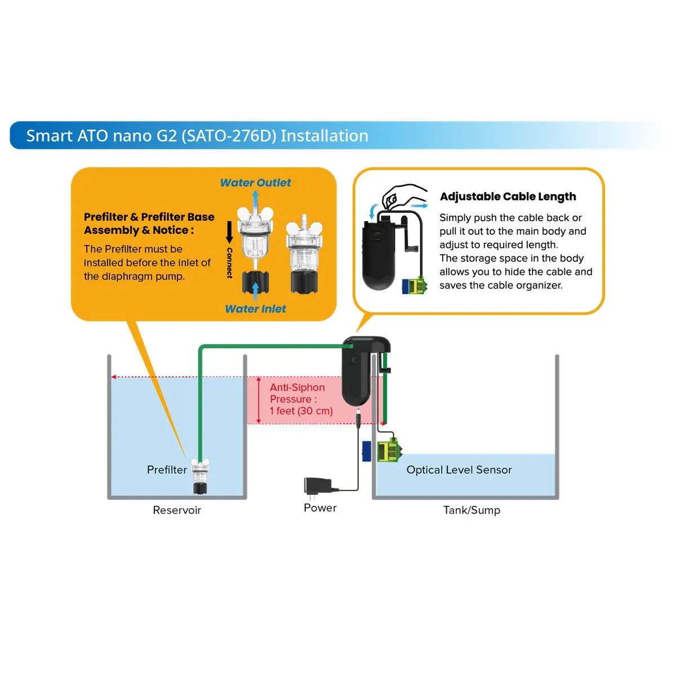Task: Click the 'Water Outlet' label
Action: [255, 183]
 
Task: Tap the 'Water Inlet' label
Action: [255, 309]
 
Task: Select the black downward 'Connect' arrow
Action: [229, 232]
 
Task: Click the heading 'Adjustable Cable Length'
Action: [508, 197]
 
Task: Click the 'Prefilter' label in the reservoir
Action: [166, 470]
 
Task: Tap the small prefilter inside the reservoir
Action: [200, 476]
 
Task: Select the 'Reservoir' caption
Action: [177, 510]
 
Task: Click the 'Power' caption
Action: [320, 508]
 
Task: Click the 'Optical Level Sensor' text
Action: [459, 470]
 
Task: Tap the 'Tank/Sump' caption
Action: [472, 510]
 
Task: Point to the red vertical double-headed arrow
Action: [259, 400]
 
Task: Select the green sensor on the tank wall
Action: [388, 450]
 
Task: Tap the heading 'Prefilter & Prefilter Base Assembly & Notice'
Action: [149, 224]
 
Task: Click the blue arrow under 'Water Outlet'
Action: [255, 199]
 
